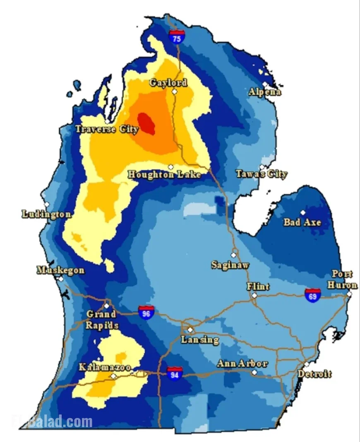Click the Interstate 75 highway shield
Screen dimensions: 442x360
click(x=177, y=36)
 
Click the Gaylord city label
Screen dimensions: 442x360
click(x=168, y=83)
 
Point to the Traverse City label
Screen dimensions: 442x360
click(x=107, y=129)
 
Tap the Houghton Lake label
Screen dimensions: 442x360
click(x=164, y=175)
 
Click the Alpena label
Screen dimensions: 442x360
click(x=265, y=92)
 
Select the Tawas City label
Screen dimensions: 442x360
click(x=262, y=174)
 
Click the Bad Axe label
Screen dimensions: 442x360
click(x=302, y=222)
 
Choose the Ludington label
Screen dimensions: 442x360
click(x=46, y=214)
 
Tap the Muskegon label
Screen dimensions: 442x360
click(x=61, y=270)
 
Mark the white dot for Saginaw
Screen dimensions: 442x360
click(x=233, y=255)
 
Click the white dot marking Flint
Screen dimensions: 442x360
click(x=254, y=295)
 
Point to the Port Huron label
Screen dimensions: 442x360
click(x=342, y=280)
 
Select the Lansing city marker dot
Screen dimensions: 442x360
click(x=190, y=330)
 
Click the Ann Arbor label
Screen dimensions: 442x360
click(x=242, y=364)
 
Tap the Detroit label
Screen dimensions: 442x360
click(x=314, y=374)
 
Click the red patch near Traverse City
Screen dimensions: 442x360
click(x=146, y=123)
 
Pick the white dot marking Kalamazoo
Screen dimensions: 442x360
click(x=113, y=376)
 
